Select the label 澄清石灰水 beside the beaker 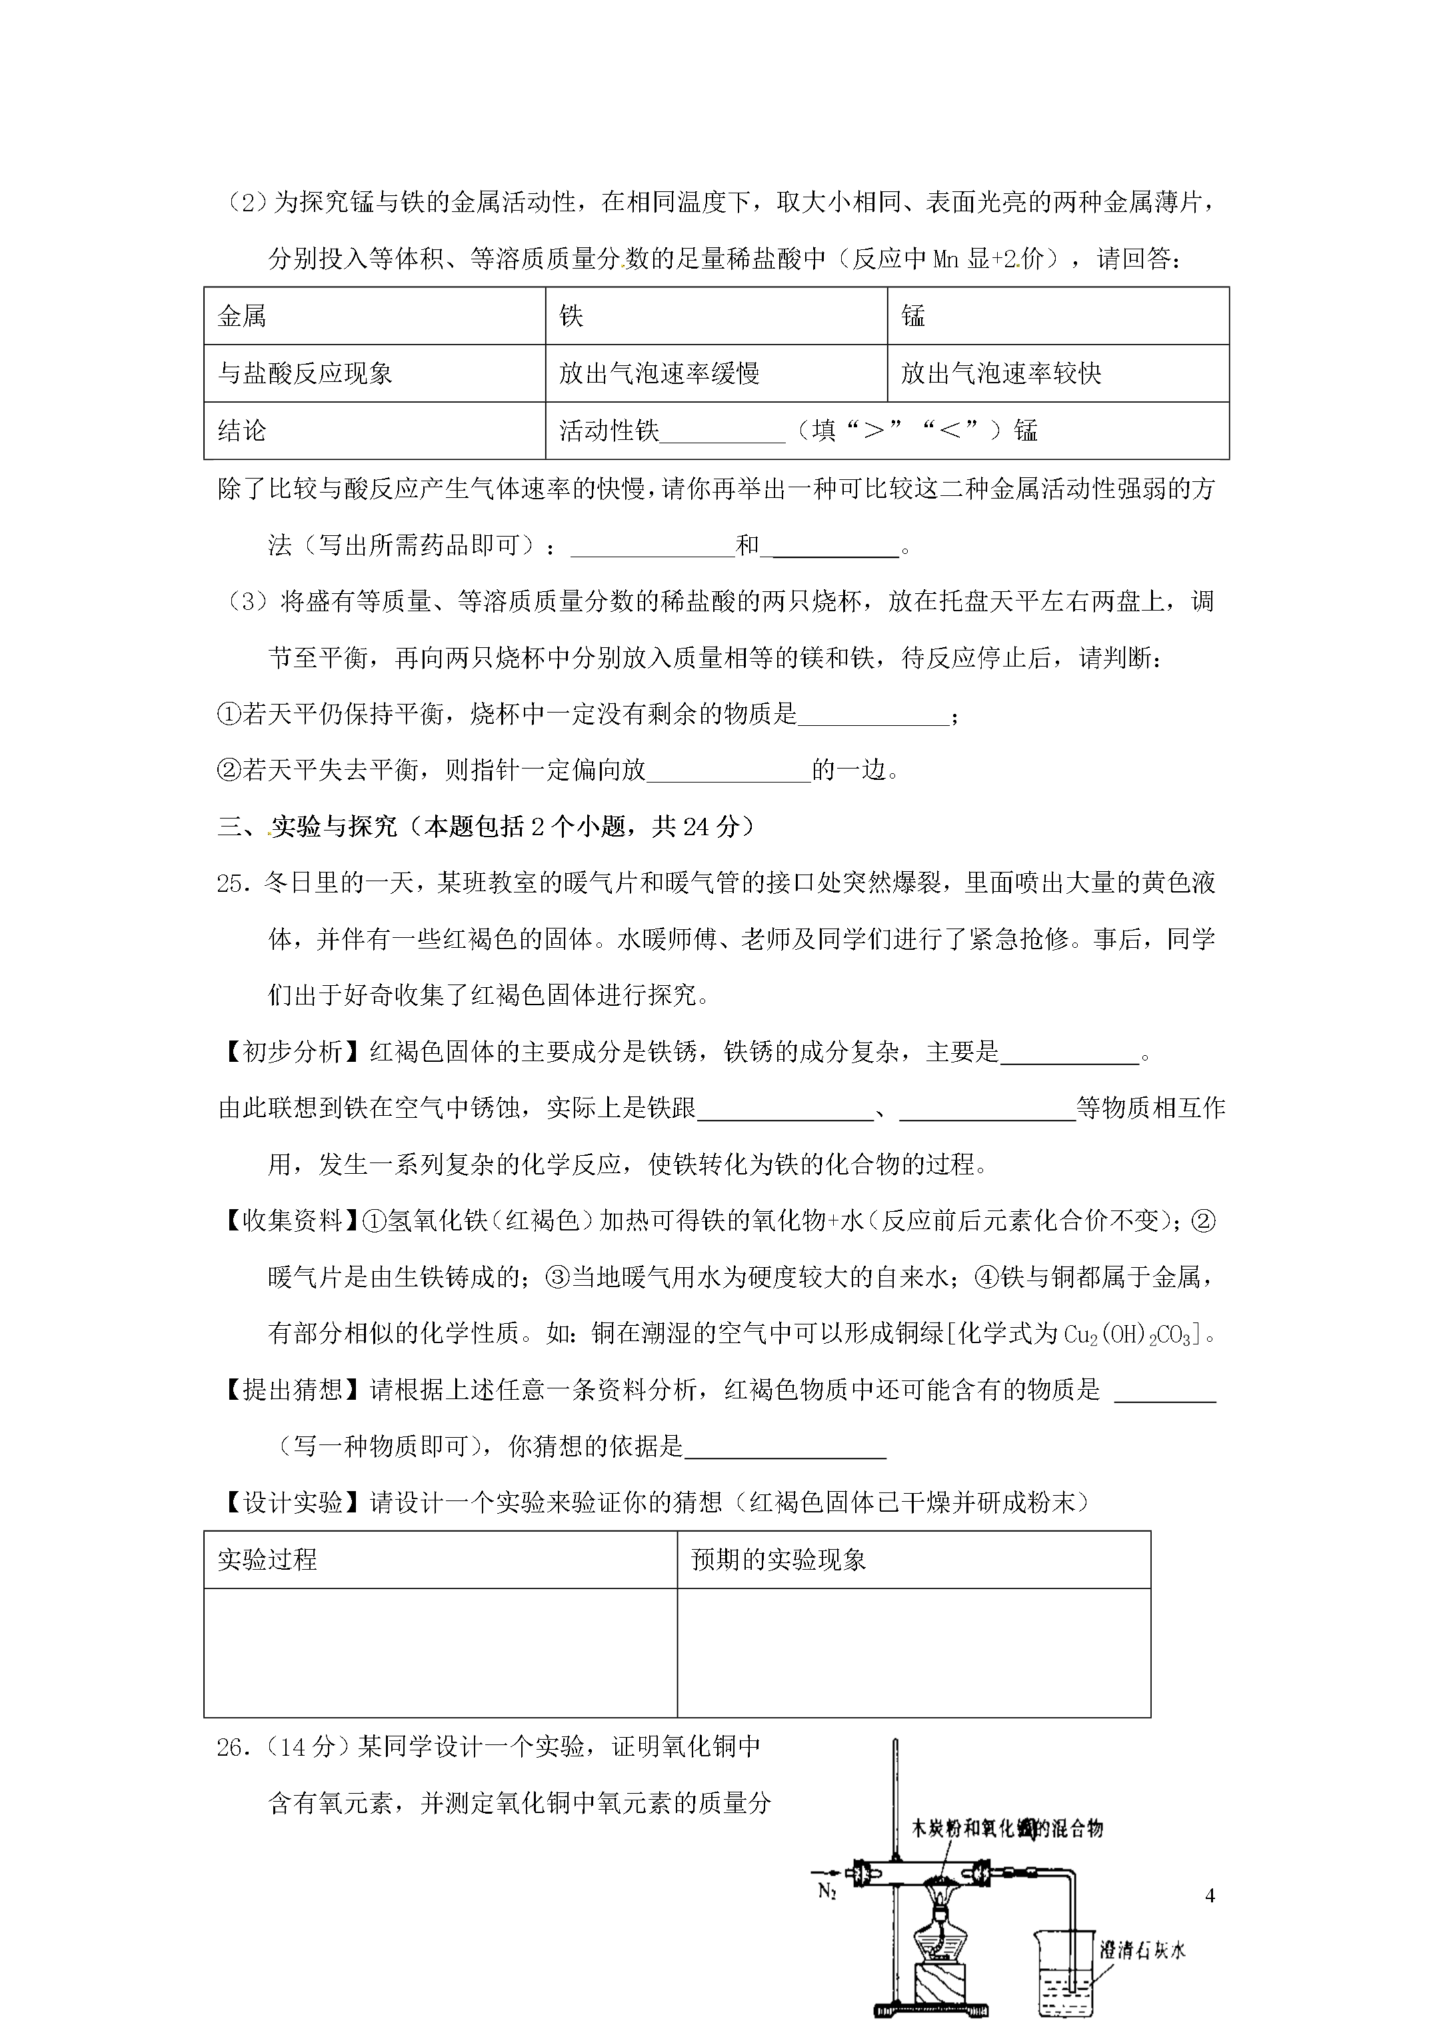click(x=1142, y=1949)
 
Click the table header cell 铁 click(x=571, y=316)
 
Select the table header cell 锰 click(x=913, y=316)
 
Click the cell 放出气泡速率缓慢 click(x=659, y=373)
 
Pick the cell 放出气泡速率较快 click(x=1000, y=373)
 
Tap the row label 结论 click(x=241, y=431)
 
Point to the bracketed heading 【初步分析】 click(x=280, y=1051)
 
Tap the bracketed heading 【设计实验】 click(x=280, y=1502)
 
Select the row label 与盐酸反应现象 click(x=305, y=373)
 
